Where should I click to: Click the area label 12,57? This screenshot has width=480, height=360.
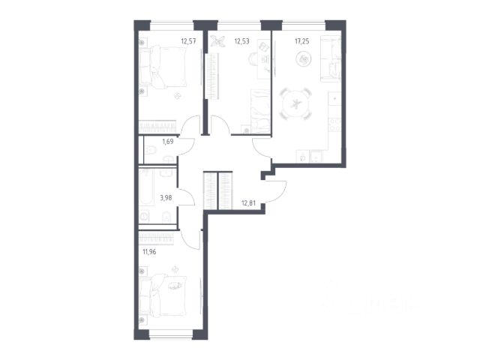coord(188,40)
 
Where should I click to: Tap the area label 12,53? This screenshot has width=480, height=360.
coord(241,40)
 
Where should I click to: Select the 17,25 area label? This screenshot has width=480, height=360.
coord(301,41)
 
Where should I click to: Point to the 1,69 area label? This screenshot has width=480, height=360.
coord(168,142)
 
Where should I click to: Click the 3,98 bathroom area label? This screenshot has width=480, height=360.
coord(166,198)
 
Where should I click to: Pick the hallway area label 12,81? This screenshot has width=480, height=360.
coord(248,202)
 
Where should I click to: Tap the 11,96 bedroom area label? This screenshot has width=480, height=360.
coord(149,252)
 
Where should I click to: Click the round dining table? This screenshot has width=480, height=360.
coord(296,103)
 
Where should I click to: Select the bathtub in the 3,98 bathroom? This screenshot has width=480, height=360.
coord(147,187)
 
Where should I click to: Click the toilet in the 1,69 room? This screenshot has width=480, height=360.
coord(150,150)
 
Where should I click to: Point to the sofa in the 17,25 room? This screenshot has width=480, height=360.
coord(330,58)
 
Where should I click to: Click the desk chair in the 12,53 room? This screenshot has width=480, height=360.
coord(253,58)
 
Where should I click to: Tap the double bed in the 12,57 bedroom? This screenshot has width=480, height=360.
coord(163,67)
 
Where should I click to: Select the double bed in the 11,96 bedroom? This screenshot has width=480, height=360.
coord(163,295)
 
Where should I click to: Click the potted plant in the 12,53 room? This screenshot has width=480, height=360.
coord(217,40)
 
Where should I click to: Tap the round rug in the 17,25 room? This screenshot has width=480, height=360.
coord(304,58)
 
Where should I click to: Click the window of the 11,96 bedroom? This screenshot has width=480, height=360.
coord(170,334)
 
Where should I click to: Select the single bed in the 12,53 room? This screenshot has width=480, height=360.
coord(260,111)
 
